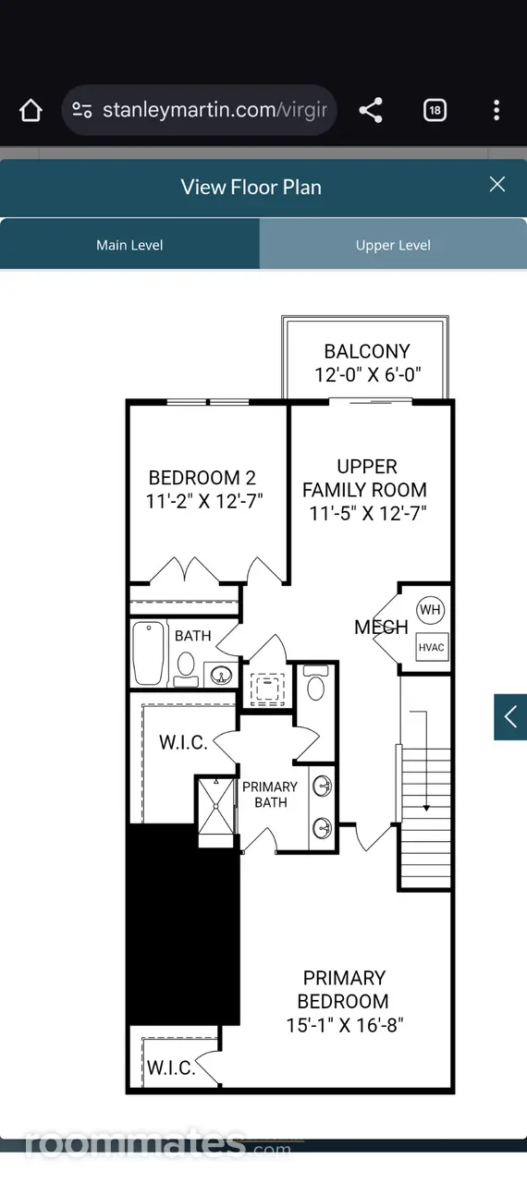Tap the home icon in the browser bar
pyautogui.click(x=31, y=110)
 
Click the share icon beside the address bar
pyautogui.click(x=371, y=110)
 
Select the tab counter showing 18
pyautogui.click(x=435, y=110)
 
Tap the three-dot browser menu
pyautogui.click(x=496, y=110)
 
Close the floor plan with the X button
pyautogui.click(x=496, y=184)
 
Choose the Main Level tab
pyautogui.click(x=129, y=245)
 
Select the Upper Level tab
pyautogui.click(x=393, y=245)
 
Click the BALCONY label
pyautogui.click(x=367, y=351)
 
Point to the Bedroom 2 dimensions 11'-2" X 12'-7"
pyautogui.click(x=204, y=501)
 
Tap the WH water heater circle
pyautogui.click(x=430, y=610)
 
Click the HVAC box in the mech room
pyautogui.click(x=432, y=647)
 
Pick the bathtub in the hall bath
pyautogui.click(x=148, y=653)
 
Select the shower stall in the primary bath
pyautogui.click(x=216, y=806)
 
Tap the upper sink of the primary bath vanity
pyautogui.click(x=322, y=787)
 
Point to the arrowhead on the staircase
pyautogui.click(x=426, y=808)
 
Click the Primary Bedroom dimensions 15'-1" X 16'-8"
pyautogui.click(x=345, y=1025)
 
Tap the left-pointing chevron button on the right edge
pyautogui.click(x=510, y=716)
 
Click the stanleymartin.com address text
pyautogui.click(x=214, y=110)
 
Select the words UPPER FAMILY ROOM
pyautogui.click(x=365, y=479)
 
